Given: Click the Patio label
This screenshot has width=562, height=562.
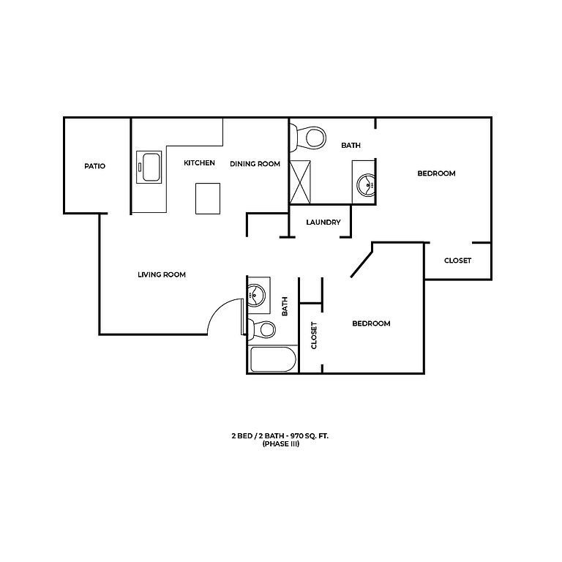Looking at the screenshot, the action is tap(94, 166).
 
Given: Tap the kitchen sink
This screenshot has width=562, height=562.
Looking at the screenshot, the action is tap(149, 168).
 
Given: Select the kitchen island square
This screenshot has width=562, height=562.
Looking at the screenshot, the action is tap(208, 198).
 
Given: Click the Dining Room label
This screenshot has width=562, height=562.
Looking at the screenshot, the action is tap(255, 163).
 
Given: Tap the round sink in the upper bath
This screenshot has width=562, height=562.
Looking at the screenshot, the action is tap(365, 185).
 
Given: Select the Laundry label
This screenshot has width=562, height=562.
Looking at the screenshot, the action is tap(323, 222).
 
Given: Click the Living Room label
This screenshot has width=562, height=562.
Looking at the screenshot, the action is tap(162, 275).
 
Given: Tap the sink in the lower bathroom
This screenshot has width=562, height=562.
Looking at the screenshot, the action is tap(256, 295).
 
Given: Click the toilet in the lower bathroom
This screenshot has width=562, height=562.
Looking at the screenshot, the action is tap(263, 329).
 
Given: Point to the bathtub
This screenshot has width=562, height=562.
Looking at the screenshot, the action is tap(272, 360).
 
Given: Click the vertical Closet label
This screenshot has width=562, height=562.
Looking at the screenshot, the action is tap(314, 336).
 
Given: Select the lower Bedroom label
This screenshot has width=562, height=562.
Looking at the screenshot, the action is tap(371, 323).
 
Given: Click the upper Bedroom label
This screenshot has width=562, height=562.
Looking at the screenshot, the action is tap(436, 173).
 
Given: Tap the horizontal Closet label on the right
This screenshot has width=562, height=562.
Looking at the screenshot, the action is tap(457, 261).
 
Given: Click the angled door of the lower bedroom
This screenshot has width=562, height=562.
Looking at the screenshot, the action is tap(363, 262).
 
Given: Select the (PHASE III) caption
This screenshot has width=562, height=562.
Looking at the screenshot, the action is tap(280, 443).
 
